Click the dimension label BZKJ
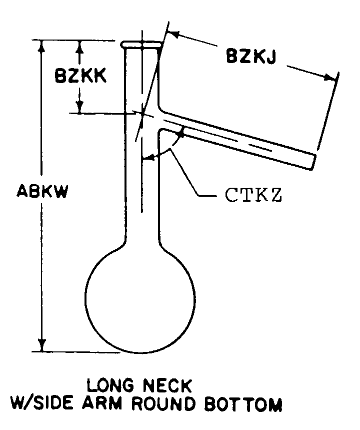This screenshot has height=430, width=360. click(250, 56)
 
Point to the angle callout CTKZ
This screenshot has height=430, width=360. click(253, 195)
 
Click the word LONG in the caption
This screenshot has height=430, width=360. click(114, 385)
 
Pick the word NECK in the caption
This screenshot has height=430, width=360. click(167, 385)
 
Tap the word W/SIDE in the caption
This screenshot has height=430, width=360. click(42, 403)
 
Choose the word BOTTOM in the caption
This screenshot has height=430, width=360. click(243, 404)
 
